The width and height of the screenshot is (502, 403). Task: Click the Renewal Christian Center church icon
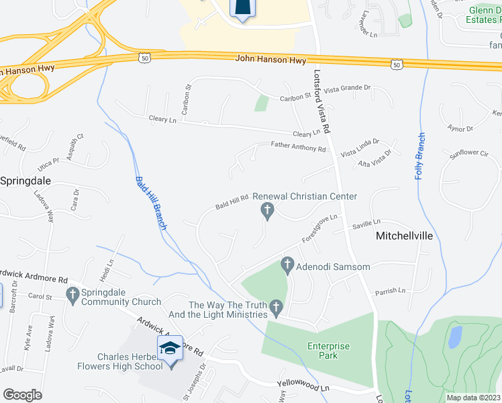267,212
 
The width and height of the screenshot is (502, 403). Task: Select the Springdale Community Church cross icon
72,294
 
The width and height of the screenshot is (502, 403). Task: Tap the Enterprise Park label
329,351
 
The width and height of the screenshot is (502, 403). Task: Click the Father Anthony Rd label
298,146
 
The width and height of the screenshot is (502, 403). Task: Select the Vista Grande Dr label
347,88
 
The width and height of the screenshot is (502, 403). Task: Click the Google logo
22,395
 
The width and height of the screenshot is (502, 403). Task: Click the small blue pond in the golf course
455,336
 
